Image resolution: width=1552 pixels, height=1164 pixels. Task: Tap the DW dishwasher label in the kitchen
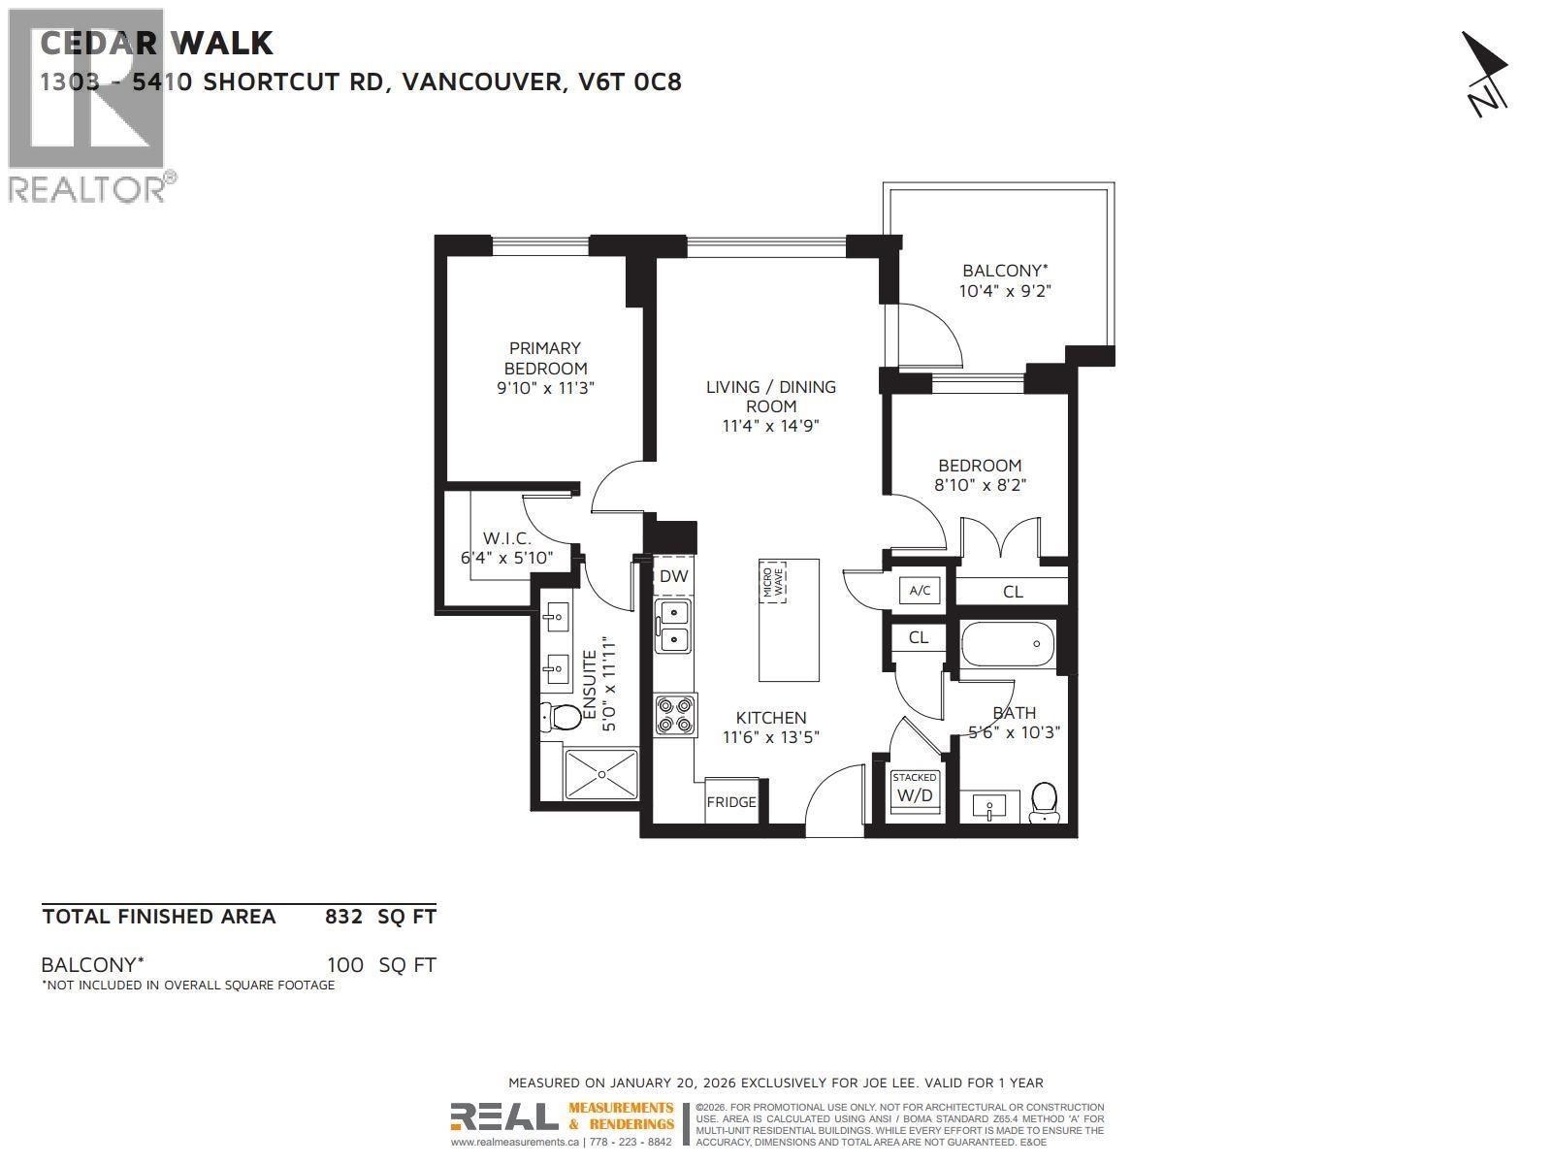(673, 576)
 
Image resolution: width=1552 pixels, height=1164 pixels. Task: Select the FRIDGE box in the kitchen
(730, 801)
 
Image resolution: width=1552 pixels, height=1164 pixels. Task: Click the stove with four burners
(674, 715)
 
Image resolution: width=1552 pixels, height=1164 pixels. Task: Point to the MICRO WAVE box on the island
(773, 582)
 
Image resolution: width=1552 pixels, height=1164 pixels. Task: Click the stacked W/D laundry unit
(915, 790)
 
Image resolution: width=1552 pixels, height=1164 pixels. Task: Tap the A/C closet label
(919, 590)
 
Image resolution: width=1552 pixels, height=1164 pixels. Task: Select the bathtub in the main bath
(1007, 644)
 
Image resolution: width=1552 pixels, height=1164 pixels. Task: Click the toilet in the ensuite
(560, 717)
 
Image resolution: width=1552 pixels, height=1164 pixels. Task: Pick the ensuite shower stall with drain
(602, 773)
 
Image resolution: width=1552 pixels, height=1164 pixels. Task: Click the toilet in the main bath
(1044, 801)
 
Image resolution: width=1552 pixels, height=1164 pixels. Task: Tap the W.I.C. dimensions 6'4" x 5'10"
(506, 558)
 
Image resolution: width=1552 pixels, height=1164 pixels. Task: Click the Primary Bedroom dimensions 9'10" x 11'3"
(544, 388)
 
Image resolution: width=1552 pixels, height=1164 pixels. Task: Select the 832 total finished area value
(343, 917)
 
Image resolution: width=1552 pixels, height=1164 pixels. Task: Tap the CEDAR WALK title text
(156, 44)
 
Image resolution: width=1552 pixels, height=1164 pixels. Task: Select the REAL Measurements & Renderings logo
(563, 1117)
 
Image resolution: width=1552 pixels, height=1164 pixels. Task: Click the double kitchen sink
(673, 626)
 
